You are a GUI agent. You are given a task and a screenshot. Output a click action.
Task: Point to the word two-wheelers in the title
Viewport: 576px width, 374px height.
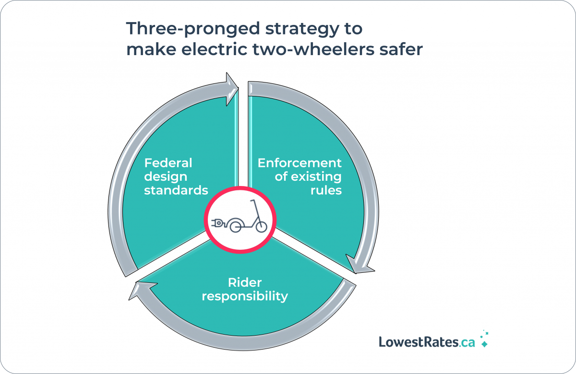coord(313,49)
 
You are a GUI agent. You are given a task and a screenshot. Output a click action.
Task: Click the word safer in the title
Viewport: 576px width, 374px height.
coord(401,49)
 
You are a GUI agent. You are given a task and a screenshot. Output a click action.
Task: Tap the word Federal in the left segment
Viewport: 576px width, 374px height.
coord(168,163)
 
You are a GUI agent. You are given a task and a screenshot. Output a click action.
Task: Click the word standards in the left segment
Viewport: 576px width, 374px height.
coord(176,190)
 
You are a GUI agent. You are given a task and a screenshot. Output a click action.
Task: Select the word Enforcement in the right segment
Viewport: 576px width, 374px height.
coord(300,163)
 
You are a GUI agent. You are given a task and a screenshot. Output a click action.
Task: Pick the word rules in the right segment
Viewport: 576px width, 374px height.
coord(326,190)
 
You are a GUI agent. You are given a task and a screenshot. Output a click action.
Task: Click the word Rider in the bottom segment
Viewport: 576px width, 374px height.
coord(245,282)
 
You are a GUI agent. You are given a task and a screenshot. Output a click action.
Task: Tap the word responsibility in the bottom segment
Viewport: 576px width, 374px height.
coord(245,296)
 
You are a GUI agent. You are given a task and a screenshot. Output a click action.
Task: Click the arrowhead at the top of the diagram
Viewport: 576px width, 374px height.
coord(232,89)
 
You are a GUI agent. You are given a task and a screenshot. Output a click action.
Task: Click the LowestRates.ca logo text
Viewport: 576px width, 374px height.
coord(427,342)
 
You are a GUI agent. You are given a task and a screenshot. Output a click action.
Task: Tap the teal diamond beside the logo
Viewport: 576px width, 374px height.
coord(484,344)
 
